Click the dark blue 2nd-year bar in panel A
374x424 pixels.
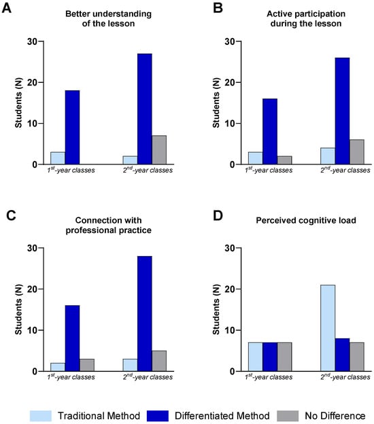(x=145, y=109)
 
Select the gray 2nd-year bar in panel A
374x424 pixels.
(x=159, y=149)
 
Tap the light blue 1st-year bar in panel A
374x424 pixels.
(x=58, y=158)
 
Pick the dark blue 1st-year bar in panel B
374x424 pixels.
(x=270, y=131)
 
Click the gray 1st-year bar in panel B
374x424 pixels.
(x=284, y=160)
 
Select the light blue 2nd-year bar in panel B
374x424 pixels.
(x=328, y=156)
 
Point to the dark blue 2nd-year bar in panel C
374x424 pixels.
(x=145, y=314)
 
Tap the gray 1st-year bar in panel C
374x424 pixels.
(x=87, y=365)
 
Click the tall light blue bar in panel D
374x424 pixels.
(x=328, y=328)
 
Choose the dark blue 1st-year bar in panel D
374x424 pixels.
(x=270, y=357)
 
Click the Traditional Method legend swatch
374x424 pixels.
(x=41, y=416)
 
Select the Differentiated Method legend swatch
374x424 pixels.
(x=158, y=416)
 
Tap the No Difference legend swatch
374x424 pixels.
(x=288, y=416)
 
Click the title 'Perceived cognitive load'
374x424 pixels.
(x=306, y=220)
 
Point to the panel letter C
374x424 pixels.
(x=11, y=216)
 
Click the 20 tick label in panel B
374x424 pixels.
(x=230, y=82)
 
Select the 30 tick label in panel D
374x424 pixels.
(x=230, y=248)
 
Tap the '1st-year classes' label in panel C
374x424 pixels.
(x=71, y=376)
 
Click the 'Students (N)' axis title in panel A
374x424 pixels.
(x=18, y=103)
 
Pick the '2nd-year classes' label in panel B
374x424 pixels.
(x=345, y=170)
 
